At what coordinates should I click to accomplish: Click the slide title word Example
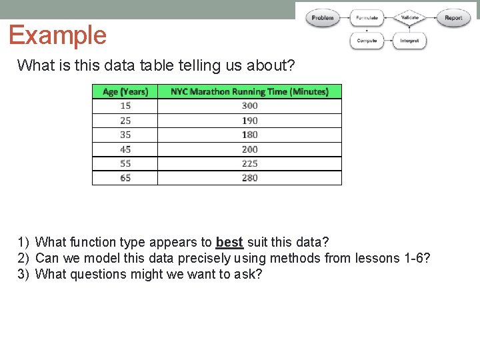click(57, 35)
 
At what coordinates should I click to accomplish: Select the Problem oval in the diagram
click(323, 18)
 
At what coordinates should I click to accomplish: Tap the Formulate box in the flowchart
click(367, 18)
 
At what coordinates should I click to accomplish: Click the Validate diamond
click(409, 17)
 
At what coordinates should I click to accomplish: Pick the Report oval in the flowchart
click(453, 18)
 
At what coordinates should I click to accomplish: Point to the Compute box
click(367, 41)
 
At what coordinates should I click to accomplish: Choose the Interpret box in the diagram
click(409, 41)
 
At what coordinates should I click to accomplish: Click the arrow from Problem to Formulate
click(345, 18)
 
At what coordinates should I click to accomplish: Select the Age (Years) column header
click(125, 91)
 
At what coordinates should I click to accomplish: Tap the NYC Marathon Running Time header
click(249, 91)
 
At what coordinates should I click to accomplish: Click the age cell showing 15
click(125, 106)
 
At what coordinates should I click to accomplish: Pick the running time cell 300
click(249, 106)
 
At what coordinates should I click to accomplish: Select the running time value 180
click(249, 135)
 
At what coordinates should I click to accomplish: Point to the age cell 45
click(125, 149)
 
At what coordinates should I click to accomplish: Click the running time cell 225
click(249, 163)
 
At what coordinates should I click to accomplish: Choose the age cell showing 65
click(125, 178)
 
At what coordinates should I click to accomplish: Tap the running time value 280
click(249, 178)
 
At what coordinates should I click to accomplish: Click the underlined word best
click(229, 242)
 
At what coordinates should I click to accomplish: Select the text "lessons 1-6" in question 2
click(393, 258)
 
